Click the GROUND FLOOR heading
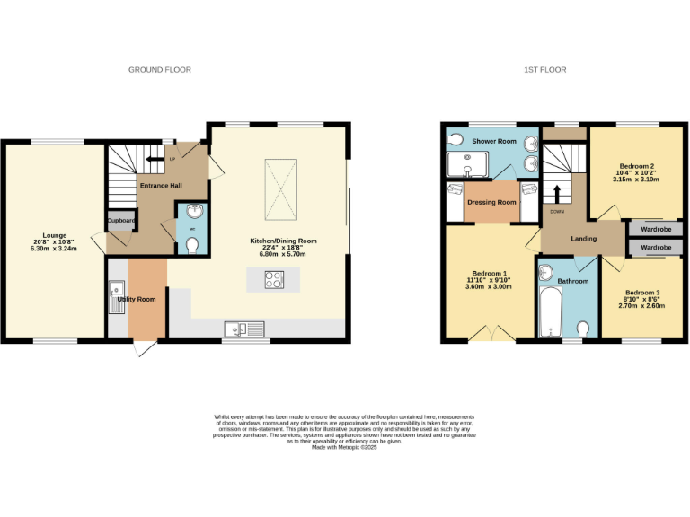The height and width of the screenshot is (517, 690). (160, 70)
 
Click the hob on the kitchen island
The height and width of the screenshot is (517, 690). (273, 279)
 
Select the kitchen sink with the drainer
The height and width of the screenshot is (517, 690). (243, 329)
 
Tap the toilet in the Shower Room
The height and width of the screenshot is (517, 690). (455, 139)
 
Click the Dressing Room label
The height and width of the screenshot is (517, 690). (491, 203)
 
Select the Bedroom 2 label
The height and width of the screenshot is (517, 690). (636, 166)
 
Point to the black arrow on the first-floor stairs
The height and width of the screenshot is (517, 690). (556, 193)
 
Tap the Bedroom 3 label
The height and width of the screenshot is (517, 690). (642, 293)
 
